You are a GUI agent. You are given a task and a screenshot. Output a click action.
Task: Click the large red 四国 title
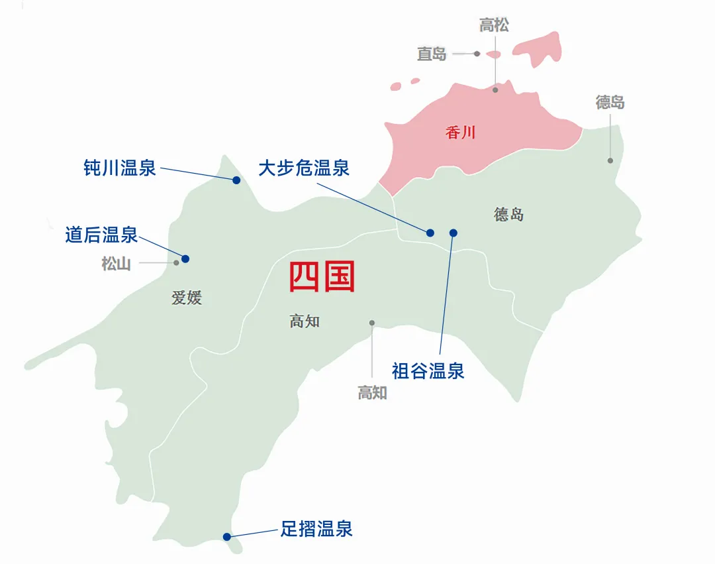tap(322, 277)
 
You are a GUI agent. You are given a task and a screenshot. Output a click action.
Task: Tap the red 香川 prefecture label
tap(461, 133)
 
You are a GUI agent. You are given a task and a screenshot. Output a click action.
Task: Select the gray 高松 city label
tap(495, 26)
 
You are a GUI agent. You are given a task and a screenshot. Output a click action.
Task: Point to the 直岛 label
tap(432, 54)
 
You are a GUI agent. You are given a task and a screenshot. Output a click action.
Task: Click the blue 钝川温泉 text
tap(120, 168)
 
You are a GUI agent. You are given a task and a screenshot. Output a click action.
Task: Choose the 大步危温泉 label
tap(304, 168)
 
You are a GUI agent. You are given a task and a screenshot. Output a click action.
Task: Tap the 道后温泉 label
tap(101, 234)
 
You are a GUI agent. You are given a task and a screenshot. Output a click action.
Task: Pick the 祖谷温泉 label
tap(428, 370)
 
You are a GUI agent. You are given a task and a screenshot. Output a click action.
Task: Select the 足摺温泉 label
tap(316, 529)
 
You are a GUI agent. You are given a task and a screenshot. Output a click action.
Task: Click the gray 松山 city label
tap(116, 264)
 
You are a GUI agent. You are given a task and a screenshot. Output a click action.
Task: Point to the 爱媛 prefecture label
tap(187, 298)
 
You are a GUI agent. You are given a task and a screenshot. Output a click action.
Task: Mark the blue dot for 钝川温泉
tap(236, 180)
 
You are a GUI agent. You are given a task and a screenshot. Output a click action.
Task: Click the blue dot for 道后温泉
tap(185, 258)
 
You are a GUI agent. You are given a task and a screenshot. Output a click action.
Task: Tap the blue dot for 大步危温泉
tap(430, 233)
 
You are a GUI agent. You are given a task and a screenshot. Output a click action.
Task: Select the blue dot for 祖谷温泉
tap(453, 233)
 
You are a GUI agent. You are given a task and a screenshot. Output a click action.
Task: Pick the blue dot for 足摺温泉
tap(226, 537)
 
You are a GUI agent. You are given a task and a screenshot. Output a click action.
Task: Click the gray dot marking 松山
tap(176, 262)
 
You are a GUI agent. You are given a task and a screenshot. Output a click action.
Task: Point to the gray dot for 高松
tap(495, 89)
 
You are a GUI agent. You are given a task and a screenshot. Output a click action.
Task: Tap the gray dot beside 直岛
tap(477, 54)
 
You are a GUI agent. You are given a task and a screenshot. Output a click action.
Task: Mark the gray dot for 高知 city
tap(372, 323)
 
